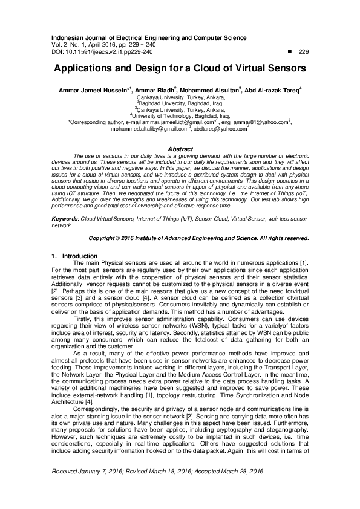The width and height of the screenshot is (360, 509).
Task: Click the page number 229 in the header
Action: [304, 52]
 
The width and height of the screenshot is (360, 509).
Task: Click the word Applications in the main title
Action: [89, 69]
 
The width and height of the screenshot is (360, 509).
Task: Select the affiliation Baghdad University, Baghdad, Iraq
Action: [180, 103]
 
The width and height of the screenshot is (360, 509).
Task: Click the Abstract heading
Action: [180, 149]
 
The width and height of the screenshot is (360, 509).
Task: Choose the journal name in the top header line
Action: [145, 37]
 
